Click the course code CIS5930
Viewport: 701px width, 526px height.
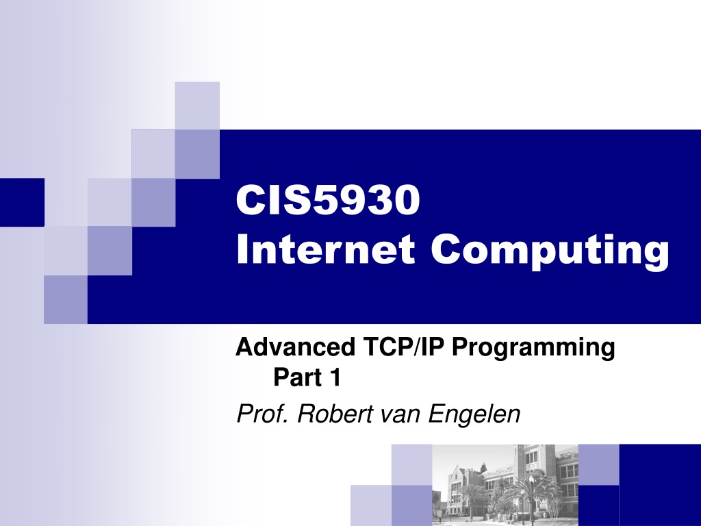click(328, 200)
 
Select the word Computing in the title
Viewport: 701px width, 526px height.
click(550, 252)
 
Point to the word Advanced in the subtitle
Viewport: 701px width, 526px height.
click(295, 347)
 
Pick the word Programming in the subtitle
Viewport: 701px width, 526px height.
click(533, 349)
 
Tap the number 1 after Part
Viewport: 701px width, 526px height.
click(335, 377)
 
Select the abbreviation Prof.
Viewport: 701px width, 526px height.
click(262, 413)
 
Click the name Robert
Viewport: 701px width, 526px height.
click(335, 413)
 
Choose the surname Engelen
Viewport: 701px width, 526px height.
click(474, 414)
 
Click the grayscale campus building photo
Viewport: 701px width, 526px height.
click(505, 485)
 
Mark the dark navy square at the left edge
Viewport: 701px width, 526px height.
click(22, 202)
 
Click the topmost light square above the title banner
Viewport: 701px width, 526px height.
click(197, 105)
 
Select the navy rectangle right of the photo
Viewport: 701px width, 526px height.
click(660, 485)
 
